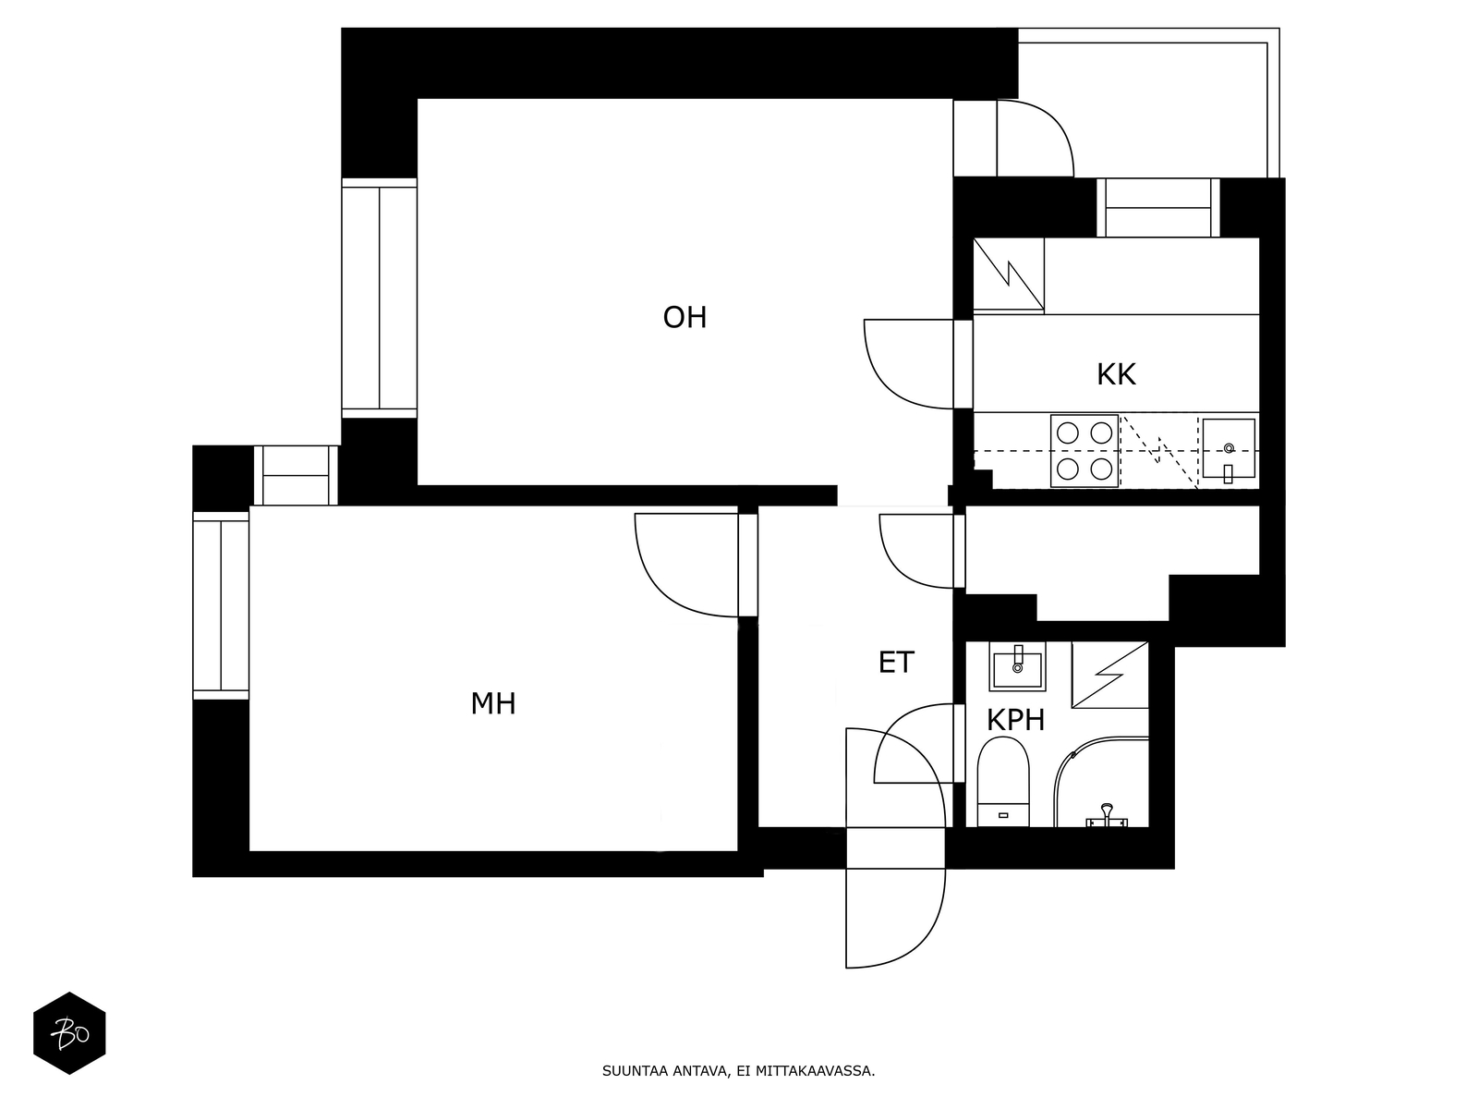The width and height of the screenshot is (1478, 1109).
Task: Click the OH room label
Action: [684, 318]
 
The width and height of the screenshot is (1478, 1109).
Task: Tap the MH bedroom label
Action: [493, 704]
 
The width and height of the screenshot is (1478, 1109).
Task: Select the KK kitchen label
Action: [1116, 375]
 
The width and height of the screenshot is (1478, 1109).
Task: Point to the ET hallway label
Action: [895, 663]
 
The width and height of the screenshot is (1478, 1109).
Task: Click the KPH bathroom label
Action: [1015, 720]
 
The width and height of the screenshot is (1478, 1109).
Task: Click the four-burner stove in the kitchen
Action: [1084, 451]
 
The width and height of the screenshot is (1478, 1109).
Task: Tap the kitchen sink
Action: [1228, 448]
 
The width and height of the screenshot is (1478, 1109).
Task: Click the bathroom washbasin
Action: [1017, 665]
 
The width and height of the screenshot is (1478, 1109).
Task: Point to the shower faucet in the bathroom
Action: [1106, 817]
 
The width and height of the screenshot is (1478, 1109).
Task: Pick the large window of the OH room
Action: [379, 299]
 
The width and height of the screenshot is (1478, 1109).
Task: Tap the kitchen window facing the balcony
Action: [1158, 208]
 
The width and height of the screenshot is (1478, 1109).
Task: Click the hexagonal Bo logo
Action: [69, 1033]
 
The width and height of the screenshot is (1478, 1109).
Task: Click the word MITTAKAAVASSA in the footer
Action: [815, 1072]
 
